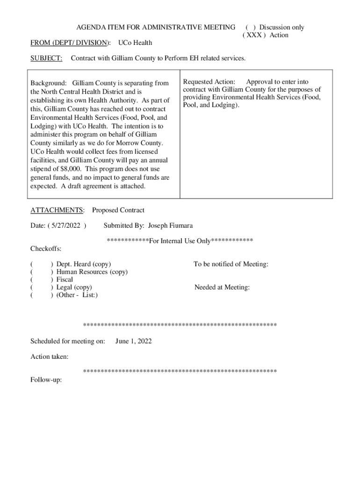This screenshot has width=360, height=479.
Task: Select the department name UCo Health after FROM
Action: tap(135, 43)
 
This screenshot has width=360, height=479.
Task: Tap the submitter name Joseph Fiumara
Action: tap(170, 225)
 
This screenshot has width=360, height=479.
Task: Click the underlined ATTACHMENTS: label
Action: tap(58, 210)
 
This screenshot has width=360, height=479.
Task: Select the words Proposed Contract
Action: tap(118, 210)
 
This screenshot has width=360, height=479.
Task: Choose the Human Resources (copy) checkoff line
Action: tap(92, 272)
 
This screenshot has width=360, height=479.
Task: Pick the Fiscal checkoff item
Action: tap(65, 280)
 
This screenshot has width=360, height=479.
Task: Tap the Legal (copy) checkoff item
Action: tap(74, 287)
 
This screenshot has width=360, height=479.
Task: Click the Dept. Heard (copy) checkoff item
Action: tap(83, 264)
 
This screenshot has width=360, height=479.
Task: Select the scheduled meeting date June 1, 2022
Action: tap(133, 341)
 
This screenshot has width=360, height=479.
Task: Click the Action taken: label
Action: tap(50, 357)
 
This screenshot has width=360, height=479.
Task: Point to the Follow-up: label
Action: tap(46, 380)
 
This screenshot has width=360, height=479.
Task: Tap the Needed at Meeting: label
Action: tap(222, 287)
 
